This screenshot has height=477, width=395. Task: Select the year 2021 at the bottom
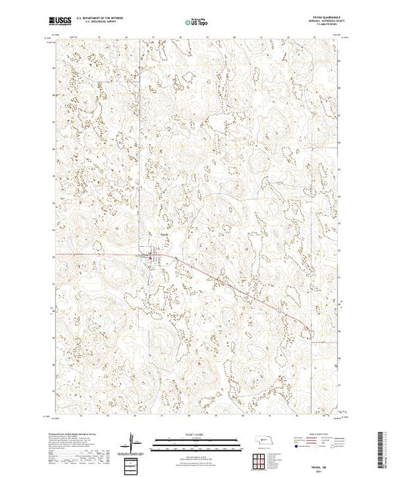315,470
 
